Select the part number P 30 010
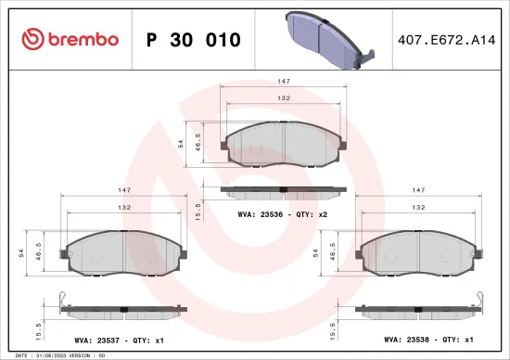point(194,39)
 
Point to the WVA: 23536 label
point(259,214)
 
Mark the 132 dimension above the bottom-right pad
point(418,208)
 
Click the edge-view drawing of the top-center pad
point(283,190)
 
